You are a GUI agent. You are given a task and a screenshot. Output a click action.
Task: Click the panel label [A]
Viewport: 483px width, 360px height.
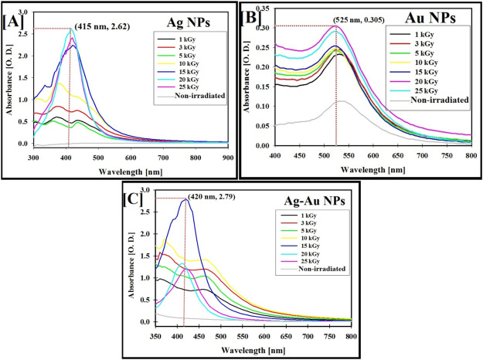coord(13,18)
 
